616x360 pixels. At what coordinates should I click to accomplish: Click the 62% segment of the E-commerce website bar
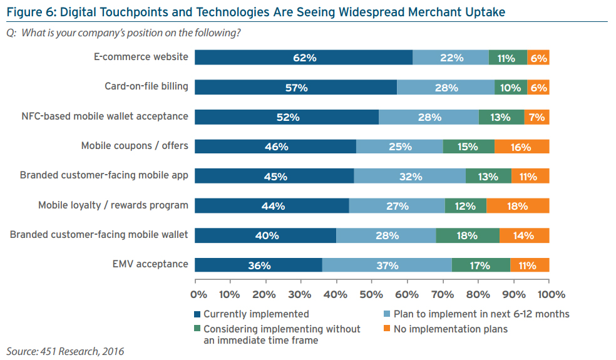click(x=304, y=58)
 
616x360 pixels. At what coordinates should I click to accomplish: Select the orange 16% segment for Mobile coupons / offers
click(x=522, y=147)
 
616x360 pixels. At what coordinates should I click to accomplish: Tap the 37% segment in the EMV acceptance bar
click(x=387, y=265)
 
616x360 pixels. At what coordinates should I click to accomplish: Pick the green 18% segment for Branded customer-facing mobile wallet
click(x=468, y=235)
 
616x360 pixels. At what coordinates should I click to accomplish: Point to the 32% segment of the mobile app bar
click(x=410, y=176)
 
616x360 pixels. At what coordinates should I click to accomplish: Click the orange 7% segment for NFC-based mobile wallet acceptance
click(x=536, y=117)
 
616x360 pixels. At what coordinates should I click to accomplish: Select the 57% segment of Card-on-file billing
click(x=295, y=88)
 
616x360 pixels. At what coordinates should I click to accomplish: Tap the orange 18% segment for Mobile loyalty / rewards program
click(x=518, y=206)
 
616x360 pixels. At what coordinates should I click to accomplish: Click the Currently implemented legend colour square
click(x=198, y=314)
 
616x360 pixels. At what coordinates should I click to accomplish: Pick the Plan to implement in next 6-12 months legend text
click(x=480, y=314)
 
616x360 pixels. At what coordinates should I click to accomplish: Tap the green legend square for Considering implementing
click(x=198, y=329)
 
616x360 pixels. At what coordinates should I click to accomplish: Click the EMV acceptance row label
click(x=148, y=264)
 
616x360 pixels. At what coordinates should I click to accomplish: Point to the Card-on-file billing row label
click(x=146, y=86)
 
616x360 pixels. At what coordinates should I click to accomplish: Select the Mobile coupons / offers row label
click(x=135, y=145)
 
